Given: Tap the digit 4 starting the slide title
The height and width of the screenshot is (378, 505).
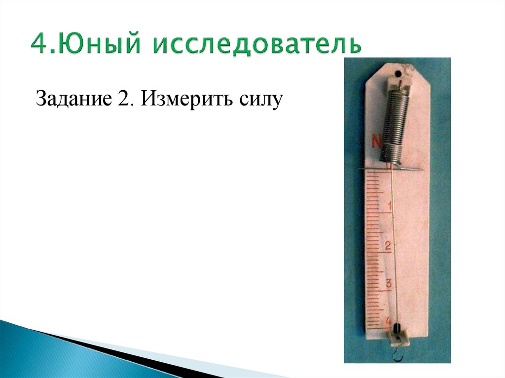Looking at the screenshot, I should point(39,45).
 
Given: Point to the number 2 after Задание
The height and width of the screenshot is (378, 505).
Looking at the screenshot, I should point(123,100).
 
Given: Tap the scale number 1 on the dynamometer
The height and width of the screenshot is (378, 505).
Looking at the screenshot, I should point(390,206).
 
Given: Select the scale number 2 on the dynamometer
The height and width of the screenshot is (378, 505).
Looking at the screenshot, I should point(388,245).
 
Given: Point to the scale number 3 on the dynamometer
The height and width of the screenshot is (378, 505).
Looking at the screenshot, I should point(388,283).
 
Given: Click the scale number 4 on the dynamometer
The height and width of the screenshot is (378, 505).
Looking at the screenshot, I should point(387,320).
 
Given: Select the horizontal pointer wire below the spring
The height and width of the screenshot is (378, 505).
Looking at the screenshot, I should point(390,170).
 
